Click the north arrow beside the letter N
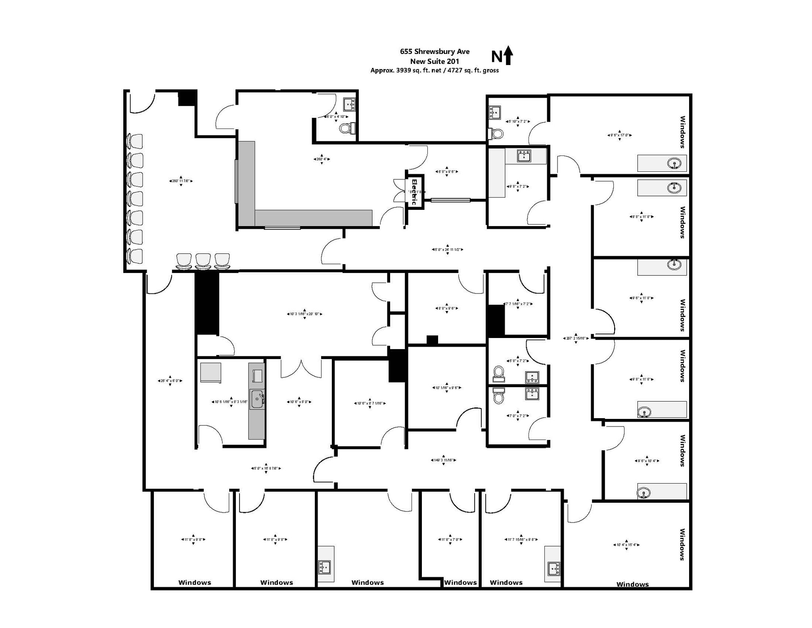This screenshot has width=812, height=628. pos(508,56)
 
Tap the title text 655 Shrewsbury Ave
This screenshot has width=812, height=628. pos(435,51)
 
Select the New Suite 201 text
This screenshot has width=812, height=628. pos(435,61)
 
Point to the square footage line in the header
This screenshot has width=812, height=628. pos(435,71)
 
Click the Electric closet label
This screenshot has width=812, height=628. pos(414,192)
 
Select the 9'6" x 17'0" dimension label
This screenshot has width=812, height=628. pos(619,135)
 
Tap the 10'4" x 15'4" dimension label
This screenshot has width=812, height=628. pos(626,545)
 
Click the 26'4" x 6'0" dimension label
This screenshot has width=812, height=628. pos(170,381)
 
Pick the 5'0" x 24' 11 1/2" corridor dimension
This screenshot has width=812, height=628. pos(447,250)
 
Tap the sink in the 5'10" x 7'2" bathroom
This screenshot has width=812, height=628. pos(494,112)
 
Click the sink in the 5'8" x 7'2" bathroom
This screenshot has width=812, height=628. pos(532,377)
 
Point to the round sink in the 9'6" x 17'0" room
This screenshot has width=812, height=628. pos(674,163)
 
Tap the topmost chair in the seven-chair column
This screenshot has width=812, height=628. pos(135,142)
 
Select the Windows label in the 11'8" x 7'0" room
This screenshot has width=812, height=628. pos(460,582)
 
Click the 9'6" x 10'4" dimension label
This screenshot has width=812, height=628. pos(647,461)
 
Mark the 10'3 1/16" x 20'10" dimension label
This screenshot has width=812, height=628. pos(304,314)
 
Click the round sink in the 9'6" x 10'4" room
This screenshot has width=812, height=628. pos(644,494)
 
